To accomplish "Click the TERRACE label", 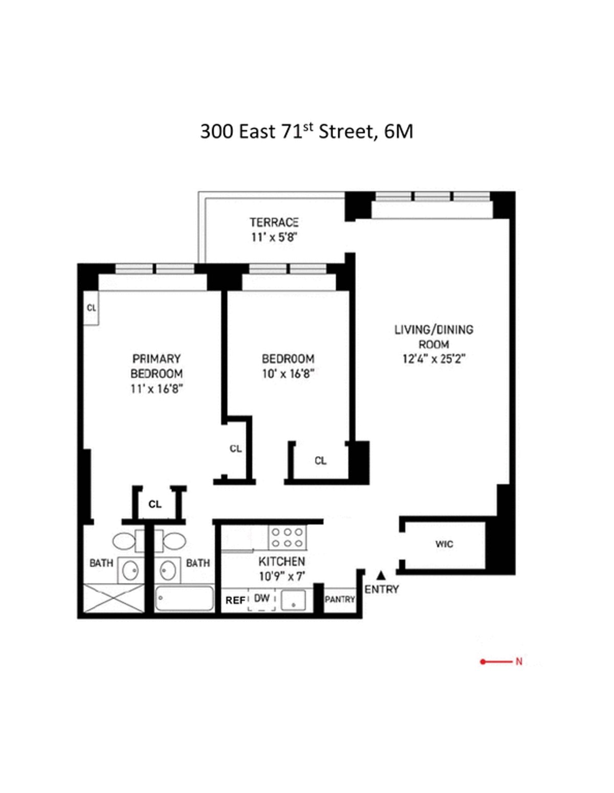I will tap(274, 222).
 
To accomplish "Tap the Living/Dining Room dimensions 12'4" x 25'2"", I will tap(433, 359).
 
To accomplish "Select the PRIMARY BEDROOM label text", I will tap(156, 366).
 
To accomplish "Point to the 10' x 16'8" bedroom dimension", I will tap(288, 374).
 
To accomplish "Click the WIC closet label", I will tap(444, 544).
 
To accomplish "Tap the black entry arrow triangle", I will tap(381, 576).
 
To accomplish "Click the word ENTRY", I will tap(382, 590).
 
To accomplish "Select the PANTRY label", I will tap(340, 599).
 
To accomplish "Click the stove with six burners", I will tap(288, 538).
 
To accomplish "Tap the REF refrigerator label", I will tap(235, 600).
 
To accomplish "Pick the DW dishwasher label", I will tap(262, 598).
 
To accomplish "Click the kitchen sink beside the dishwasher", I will tap(293, 600).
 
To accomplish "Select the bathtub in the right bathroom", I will tap(184, 599).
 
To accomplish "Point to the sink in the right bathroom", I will tap(168, 570).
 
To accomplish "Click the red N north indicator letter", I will tap(518, 662).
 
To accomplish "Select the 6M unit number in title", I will tap(398, 132).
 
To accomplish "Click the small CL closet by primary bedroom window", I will tap(92, 308).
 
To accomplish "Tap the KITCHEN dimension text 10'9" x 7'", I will tap(282, 576).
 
